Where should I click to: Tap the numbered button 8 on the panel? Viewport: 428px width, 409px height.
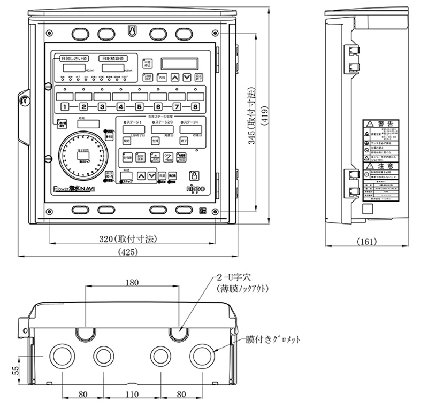[x=195, y=107]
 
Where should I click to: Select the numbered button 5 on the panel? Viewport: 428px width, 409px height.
[x=140, y=107]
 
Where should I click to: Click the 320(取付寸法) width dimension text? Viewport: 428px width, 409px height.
[x=132, y=238]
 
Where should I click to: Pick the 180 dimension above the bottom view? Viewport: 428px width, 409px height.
[x=132, y=282]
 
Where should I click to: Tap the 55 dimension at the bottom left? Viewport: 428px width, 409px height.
[x=16, y=369]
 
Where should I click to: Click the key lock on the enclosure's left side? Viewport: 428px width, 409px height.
[x=24, y=99]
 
